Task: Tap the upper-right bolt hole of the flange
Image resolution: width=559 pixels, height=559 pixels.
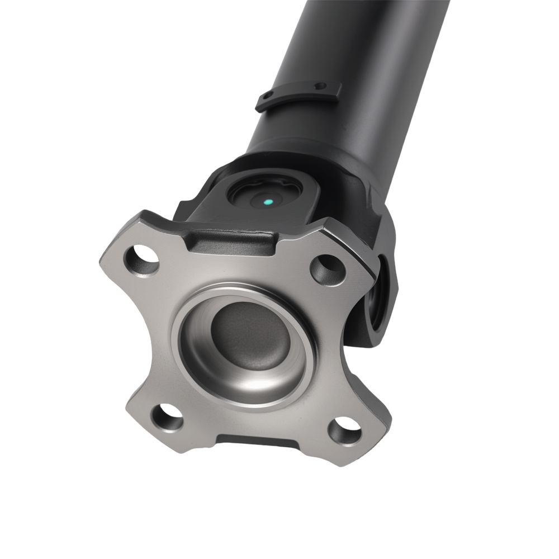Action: (327, 269)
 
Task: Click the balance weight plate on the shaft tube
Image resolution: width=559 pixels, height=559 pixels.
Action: (299, 96)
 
